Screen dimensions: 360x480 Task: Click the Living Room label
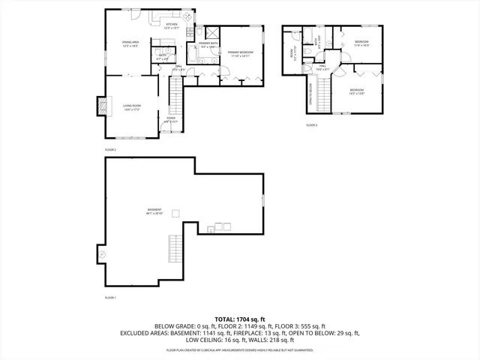tap(132, 107)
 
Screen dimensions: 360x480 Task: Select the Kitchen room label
tap(172, 25)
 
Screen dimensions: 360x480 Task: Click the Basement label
tap(154, 211)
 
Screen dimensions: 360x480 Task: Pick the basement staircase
tap(175, 247)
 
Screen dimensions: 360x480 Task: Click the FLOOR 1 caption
tap(111, 298)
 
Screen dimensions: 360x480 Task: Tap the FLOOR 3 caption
tap(312, 125)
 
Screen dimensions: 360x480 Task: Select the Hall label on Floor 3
tap(322, 68)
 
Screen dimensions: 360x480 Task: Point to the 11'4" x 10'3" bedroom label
tap(361, 44)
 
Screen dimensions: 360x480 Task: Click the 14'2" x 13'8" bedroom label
tap(356, 91)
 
